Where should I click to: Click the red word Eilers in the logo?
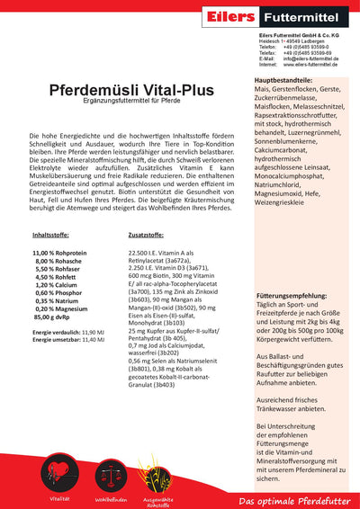pos(233,15)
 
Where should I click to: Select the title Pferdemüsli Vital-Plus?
pos(114,91)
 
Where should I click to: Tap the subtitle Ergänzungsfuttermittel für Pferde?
pos(114,103)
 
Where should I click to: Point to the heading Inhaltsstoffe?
pos(52,234)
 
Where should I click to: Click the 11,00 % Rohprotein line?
pos(60,254)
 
